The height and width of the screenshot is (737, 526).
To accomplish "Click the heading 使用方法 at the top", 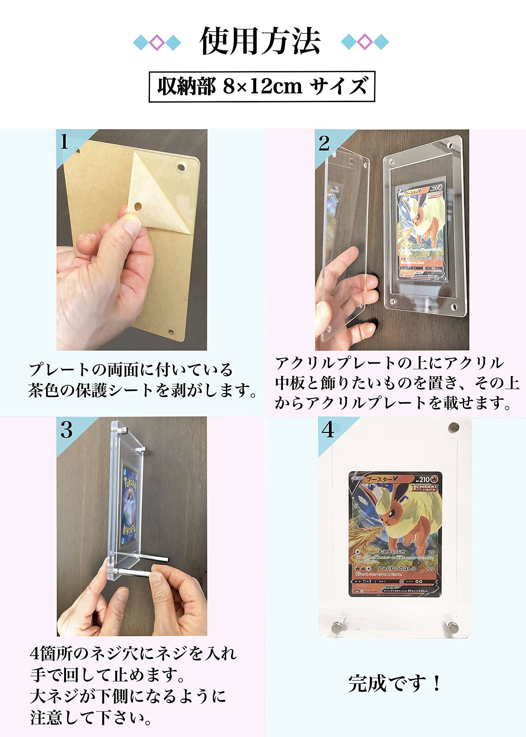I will pos(260,41).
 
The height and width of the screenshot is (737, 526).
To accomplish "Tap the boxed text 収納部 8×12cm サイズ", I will pos(262,87).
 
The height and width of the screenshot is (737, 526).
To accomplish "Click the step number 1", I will pos(64,142).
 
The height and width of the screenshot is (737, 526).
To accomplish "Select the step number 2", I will pos(324,143).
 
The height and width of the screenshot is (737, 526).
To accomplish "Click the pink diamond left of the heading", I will pos(157,42).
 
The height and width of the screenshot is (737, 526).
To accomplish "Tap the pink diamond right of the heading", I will pos(365,41).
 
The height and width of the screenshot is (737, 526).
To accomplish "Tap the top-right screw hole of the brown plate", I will pos(181,167).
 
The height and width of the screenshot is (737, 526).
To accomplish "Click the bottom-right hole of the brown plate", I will pos(171,332).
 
